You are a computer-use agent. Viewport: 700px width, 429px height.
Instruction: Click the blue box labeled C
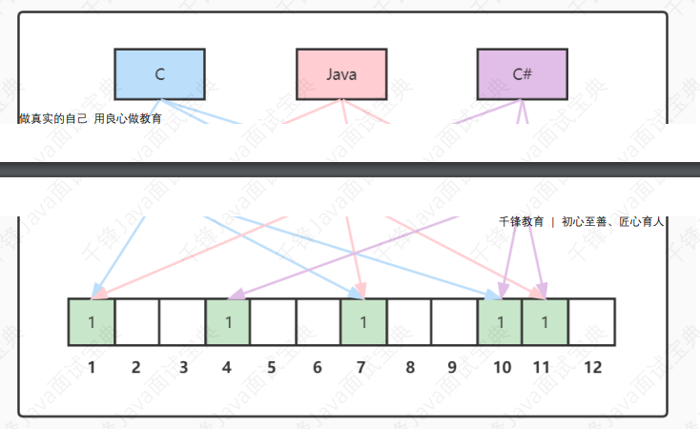(159, 73)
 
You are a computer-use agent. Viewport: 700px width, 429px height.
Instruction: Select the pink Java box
(340, 73)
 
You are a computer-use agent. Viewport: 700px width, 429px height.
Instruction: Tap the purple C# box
(522, 73)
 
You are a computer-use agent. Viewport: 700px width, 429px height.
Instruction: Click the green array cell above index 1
(92, 321)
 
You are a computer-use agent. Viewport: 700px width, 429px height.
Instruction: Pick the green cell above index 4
(229, 321)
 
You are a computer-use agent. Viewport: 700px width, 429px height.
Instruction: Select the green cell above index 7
(363, 321)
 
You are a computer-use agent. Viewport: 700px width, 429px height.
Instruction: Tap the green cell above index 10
(500, 321)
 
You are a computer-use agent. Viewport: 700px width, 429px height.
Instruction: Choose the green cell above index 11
(546, 321)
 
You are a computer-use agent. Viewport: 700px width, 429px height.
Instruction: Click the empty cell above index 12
(591, 321)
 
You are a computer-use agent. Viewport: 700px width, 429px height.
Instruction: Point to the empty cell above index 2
(137, 321)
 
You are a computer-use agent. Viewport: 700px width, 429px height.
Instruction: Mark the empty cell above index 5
(273, 321)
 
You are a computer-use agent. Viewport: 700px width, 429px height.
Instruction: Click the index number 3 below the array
(183, 367)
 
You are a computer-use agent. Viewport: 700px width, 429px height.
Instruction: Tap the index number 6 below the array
(319, 367)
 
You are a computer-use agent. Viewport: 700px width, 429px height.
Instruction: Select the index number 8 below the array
(409, 367)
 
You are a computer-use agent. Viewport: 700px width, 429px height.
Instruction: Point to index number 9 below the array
(455, 367)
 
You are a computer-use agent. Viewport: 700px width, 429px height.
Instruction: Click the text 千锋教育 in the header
(521, 221)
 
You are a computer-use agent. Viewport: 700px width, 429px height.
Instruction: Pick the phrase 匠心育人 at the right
(642, 221)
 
